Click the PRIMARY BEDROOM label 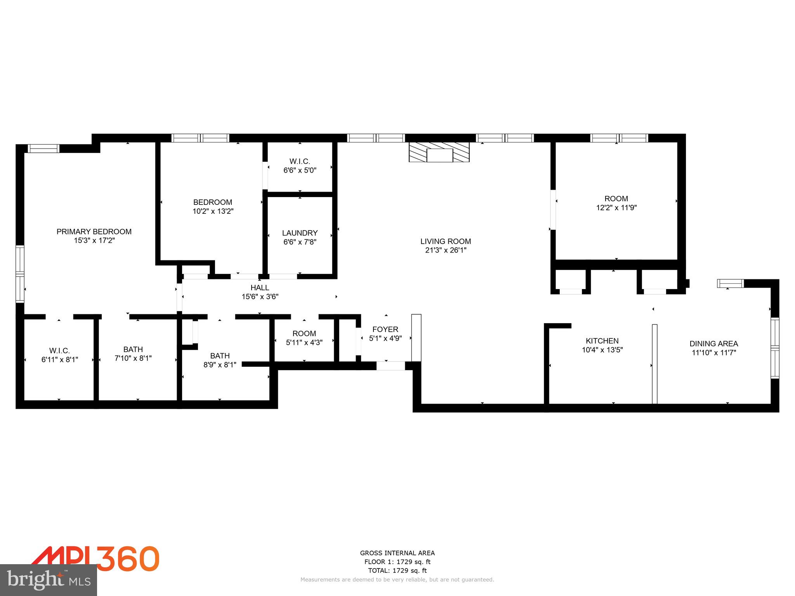94,232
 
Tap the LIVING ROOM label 446,241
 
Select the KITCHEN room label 602,341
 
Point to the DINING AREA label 713,343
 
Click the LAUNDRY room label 300,233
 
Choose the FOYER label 385,329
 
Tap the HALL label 260,288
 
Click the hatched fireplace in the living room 439,152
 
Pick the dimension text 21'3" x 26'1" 446,250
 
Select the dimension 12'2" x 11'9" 616,208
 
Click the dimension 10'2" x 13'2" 213,211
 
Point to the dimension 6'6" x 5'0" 300,170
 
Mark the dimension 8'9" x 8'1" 220,365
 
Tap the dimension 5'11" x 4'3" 304,343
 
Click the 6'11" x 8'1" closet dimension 59,360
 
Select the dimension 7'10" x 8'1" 133,358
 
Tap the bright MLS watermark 49,580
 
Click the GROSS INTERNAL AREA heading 397,553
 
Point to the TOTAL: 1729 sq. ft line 397,571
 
